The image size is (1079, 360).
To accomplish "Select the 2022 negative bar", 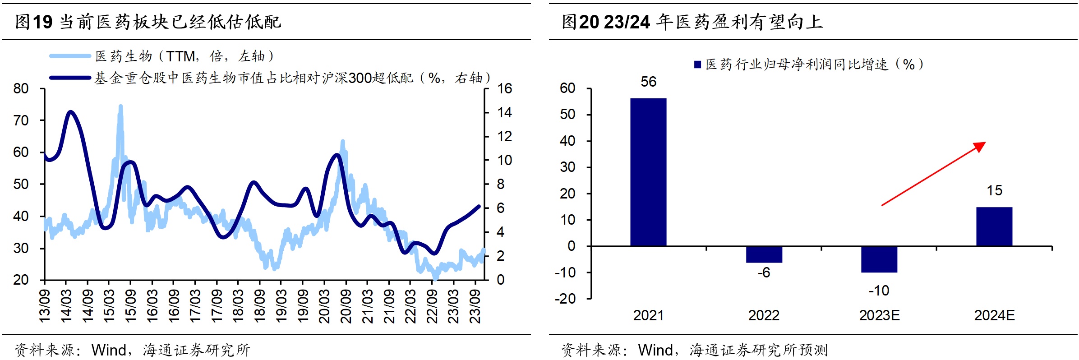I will coord(764,254).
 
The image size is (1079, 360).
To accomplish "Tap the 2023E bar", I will coord(879,259).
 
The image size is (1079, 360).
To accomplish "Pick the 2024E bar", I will coord(994,226).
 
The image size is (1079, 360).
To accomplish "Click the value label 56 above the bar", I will coord(648,82).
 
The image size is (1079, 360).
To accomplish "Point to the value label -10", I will coord(879,291).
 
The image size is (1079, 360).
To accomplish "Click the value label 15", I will coord(994,190).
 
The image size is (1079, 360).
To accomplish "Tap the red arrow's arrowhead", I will coord(980,146).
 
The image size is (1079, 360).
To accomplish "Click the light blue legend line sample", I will coord(70,56).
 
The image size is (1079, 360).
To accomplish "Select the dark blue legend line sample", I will coord(70,78).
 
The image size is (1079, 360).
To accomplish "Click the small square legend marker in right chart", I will coord(697,65).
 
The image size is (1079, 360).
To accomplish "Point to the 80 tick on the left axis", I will coord(21,88).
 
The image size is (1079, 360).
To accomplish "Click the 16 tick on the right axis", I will coord(504,88).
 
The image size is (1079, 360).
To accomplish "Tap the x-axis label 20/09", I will coord(346,307).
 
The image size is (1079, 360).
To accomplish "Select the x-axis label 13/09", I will coord(45,307).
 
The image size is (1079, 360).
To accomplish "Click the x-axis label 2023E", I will coord(879,315).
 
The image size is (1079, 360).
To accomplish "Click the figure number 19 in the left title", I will coord(42,22).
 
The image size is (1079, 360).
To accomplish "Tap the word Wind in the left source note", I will coord(109,350).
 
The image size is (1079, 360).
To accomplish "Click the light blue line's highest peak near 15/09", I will coord(120,106).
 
